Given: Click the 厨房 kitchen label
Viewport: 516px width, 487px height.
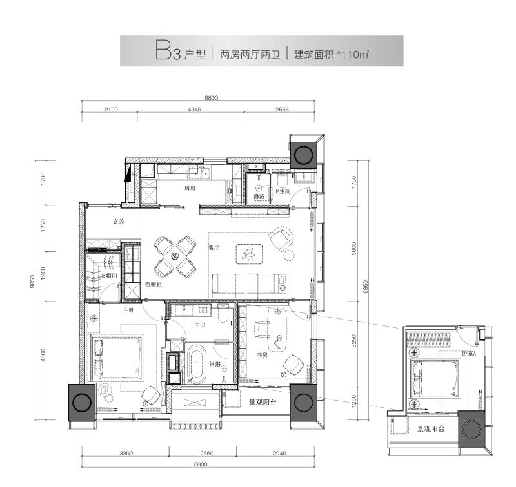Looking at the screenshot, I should point(189,189).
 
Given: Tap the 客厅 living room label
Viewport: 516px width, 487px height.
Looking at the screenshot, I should point(214,247).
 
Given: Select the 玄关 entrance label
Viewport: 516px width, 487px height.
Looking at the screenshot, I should point(118,222).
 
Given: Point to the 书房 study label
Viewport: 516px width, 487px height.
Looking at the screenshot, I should point(262,354).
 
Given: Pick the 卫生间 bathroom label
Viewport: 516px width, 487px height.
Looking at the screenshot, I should point(283,191).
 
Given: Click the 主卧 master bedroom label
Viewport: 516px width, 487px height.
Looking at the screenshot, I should point(130,310).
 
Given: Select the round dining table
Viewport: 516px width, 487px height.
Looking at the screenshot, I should point(175,256).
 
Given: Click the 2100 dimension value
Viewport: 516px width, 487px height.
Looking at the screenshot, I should point(110,110).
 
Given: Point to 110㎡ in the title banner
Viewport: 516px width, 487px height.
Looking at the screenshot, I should point(354,53).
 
